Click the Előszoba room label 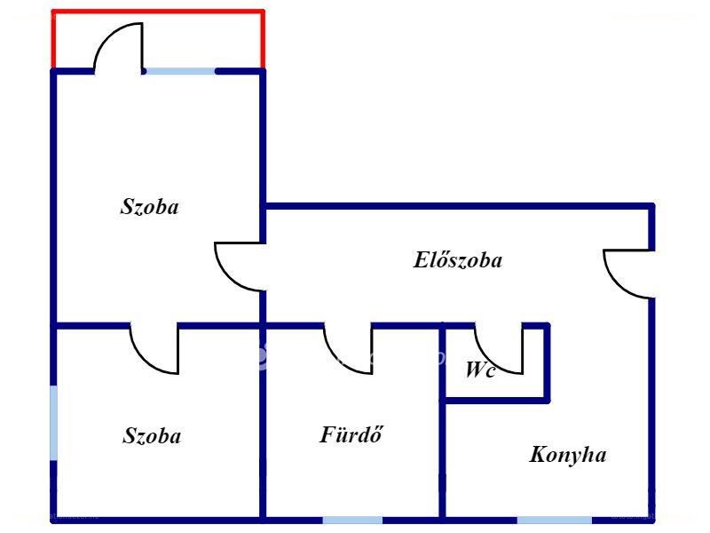coord(457,260)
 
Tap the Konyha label coord(568,454)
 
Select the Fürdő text coord(351,434)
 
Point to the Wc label coord(480,370)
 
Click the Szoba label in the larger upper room coord(149,207)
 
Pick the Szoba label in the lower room coord(152,435)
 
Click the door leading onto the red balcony coord(119,47)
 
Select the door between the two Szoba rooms coord(154,349)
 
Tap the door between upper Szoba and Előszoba coord(240,266)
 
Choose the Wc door coord(499,349)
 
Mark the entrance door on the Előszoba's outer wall coord(628,274)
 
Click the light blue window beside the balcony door coord(180,71)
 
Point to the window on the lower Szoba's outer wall coord(53,423)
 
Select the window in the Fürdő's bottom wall coord(352,520)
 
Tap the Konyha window coord(554,520)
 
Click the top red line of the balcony coord(158,12)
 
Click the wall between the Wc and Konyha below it coord(496,401)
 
